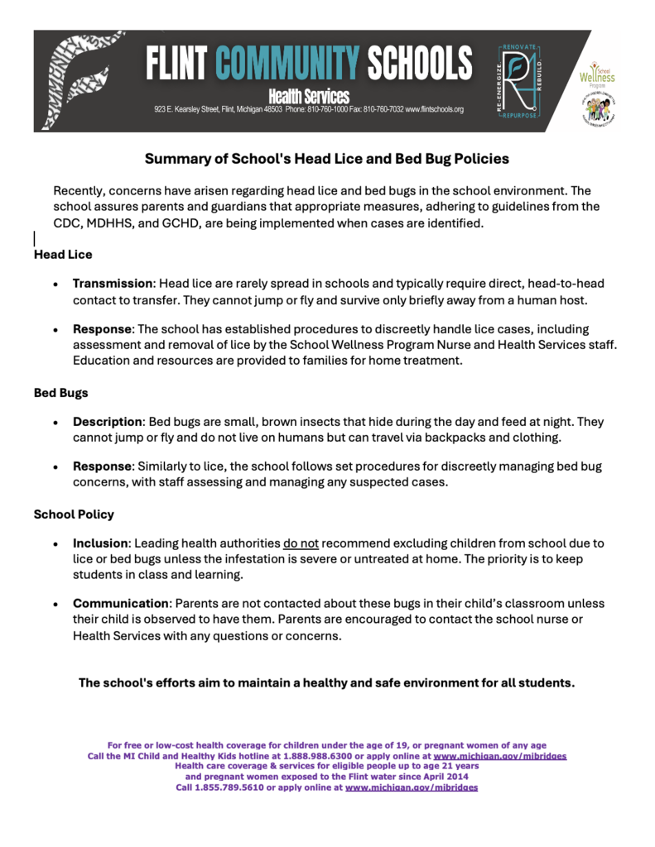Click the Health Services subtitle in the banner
pyautogui.click(x=308, y=97)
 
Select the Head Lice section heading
pyautogui.click(x=63, y=255)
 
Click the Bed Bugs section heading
pyautogui.click(x=61, y=393)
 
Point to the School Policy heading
pyautogui.click(x=74, y=514)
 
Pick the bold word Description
pyautogui.click(x=108, y=421)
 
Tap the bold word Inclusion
pyautogui.click(x=99, y=543)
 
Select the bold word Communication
pyautogui.click(x=119, y=604)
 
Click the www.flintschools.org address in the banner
pyautogui.click(x=434, y=109)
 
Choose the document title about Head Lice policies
pyautogui.click(x=327, y=158)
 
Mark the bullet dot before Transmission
pyautogui.click(x=55, y=284)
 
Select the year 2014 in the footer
pyautogui.click(x=454, y=777)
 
